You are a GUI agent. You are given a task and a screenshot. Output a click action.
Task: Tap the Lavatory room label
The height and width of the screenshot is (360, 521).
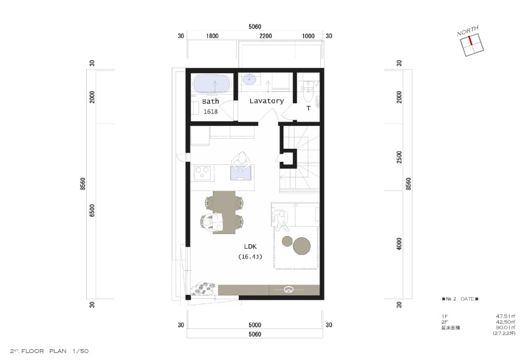point(266,100)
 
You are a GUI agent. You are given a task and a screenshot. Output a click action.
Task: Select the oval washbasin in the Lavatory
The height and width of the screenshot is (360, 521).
point(249,79)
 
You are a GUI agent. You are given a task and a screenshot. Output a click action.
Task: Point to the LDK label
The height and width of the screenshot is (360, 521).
point(250,247)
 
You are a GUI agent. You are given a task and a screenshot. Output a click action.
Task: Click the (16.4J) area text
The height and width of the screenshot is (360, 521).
point(250,257)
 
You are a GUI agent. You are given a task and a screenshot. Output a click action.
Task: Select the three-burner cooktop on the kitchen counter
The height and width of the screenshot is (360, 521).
point(202,173)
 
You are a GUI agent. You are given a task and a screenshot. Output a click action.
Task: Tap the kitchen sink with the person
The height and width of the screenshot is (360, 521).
point(241,173)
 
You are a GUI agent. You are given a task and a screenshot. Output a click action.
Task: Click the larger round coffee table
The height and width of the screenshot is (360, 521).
point(302,246)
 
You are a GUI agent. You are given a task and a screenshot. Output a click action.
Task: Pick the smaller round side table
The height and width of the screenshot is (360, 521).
point(287,241)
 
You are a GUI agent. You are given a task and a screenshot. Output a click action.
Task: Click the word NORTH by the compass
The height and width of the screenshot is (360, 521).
point(467,30)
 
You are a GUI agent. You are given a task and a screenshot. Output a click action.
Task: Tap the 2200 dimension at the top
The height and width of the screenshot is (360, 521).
point(265,36)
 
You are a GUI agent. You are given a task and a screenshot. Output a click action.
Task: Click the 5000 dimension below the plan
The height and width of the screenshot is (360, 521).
point(255,325)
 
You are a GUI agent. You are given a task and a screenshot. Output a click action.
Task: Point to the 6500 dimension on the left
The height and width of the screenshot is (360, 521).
point(92,211)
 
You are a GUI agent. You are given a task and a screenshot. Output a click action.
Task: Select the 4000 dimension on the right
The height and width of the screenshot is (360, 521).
point(399,244)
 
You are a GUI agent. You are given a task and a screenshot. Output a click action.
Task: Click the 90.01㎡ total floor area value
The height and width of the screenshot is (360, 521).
point(505,327)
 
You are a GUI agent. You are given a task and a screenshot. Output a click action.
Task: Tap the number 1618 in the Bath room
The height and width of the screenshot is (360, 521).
point(211,111)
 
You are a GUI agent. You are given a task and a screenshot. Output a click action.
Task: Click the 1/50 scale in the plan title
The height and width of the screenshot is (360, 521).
point(80,351)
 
